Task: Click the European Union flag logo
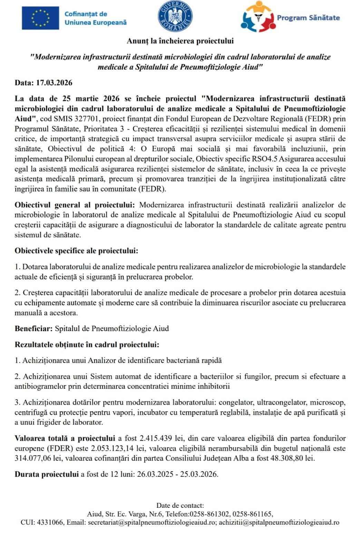[40, 18]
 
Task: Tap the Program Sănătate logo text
[308, 18]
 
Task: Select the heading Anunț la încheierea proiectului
[180, 41]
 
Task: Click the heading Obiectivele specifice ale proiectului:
[76, 251]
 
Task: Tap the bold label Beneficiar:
[34, 328]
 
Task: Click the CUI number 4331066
[51, 523]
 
